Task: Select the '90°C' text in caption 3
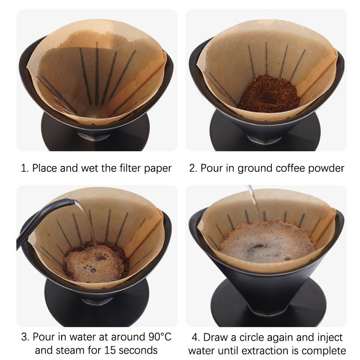160,337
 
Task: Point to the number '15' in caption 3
110,350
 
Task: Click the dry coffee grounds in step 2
269,94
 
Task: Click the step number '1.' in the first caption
25,168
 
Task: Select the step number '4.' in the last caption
196,337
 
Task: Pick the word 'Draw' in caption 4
214,337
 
